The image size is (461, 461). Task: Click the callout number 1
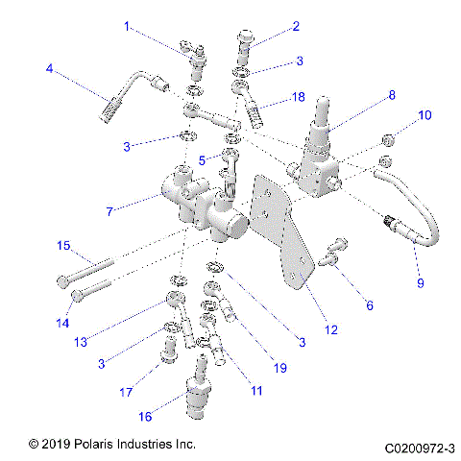126,27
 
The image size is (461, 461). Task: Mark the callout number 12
330,329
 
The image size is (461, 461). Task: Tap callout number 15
63,247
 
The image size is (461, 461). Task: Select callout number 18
299,98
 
